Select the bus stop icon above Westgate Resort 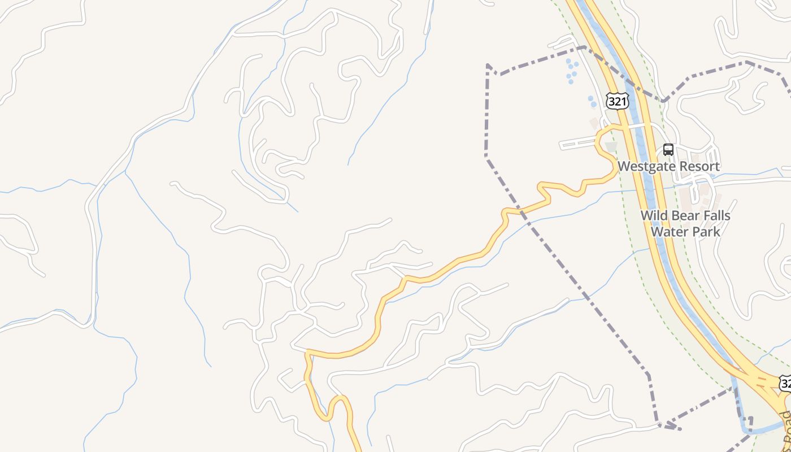pos(668,150)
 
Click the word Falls pos(715,216)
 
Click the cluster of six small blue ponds pos(572,71)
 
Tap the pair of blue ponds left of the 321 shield pos(592,102)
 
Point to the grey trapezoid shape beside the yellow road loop pos(611,147)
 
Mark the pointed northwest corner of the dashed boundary pos(488,66)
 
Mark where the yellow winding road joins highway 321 pos(621,128)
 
